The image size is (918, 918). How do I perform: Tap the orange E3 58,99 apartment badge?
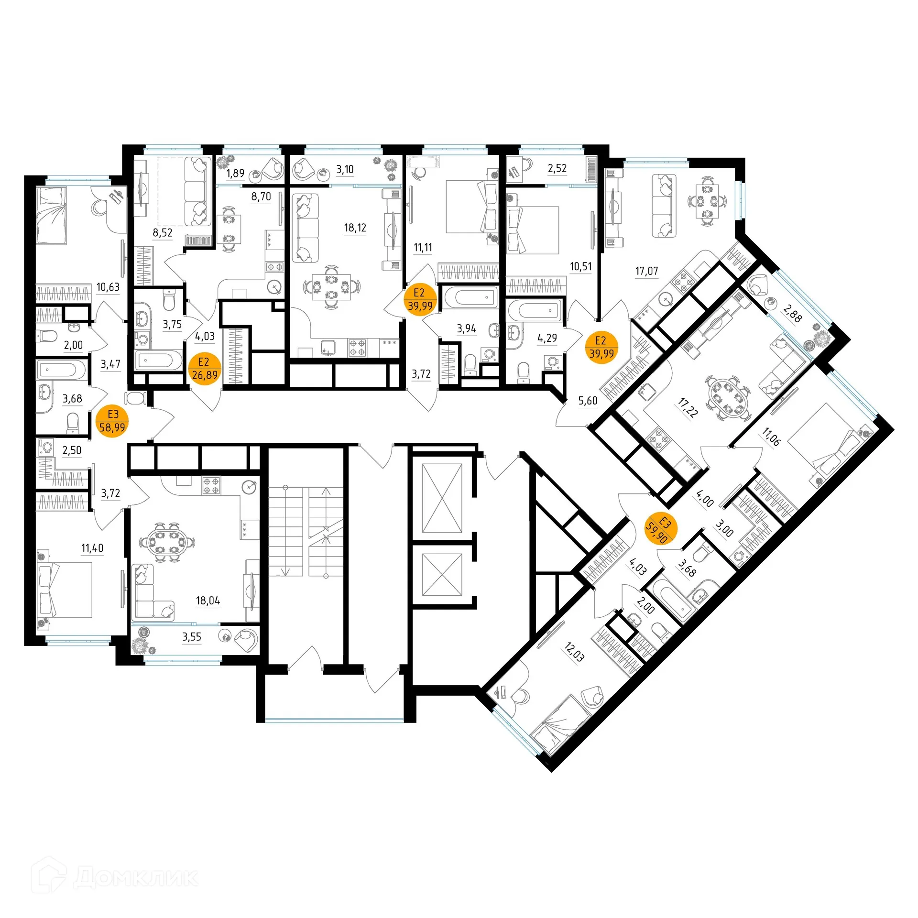[112, 421]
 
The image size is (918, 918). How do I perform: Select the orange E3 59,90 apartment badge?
[660, 529]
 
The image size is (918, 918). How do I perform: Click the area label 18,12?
[355, 228]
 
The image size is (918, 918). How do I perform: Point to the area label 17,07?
[646, 272]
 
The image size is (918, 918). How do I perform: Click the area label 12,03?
[574, 653]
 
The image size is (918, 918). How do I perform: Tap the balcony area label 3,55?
[191, 637]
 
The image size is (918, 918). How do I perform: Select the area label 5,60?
[588, 401]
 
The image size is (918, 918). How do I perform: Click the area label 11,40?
[92, 548]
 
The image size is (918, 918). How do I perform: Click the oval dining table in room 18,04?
[167, 542]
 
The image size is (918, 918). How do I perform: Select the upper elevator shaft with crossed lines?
[443, 498]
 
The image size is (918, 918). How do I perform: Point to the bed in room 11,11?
[469, 207]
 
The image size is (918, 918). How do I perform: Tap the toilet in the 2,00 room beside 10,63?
[48, 336]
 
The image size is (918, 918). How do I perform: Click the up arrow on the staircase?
[327, 492]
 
